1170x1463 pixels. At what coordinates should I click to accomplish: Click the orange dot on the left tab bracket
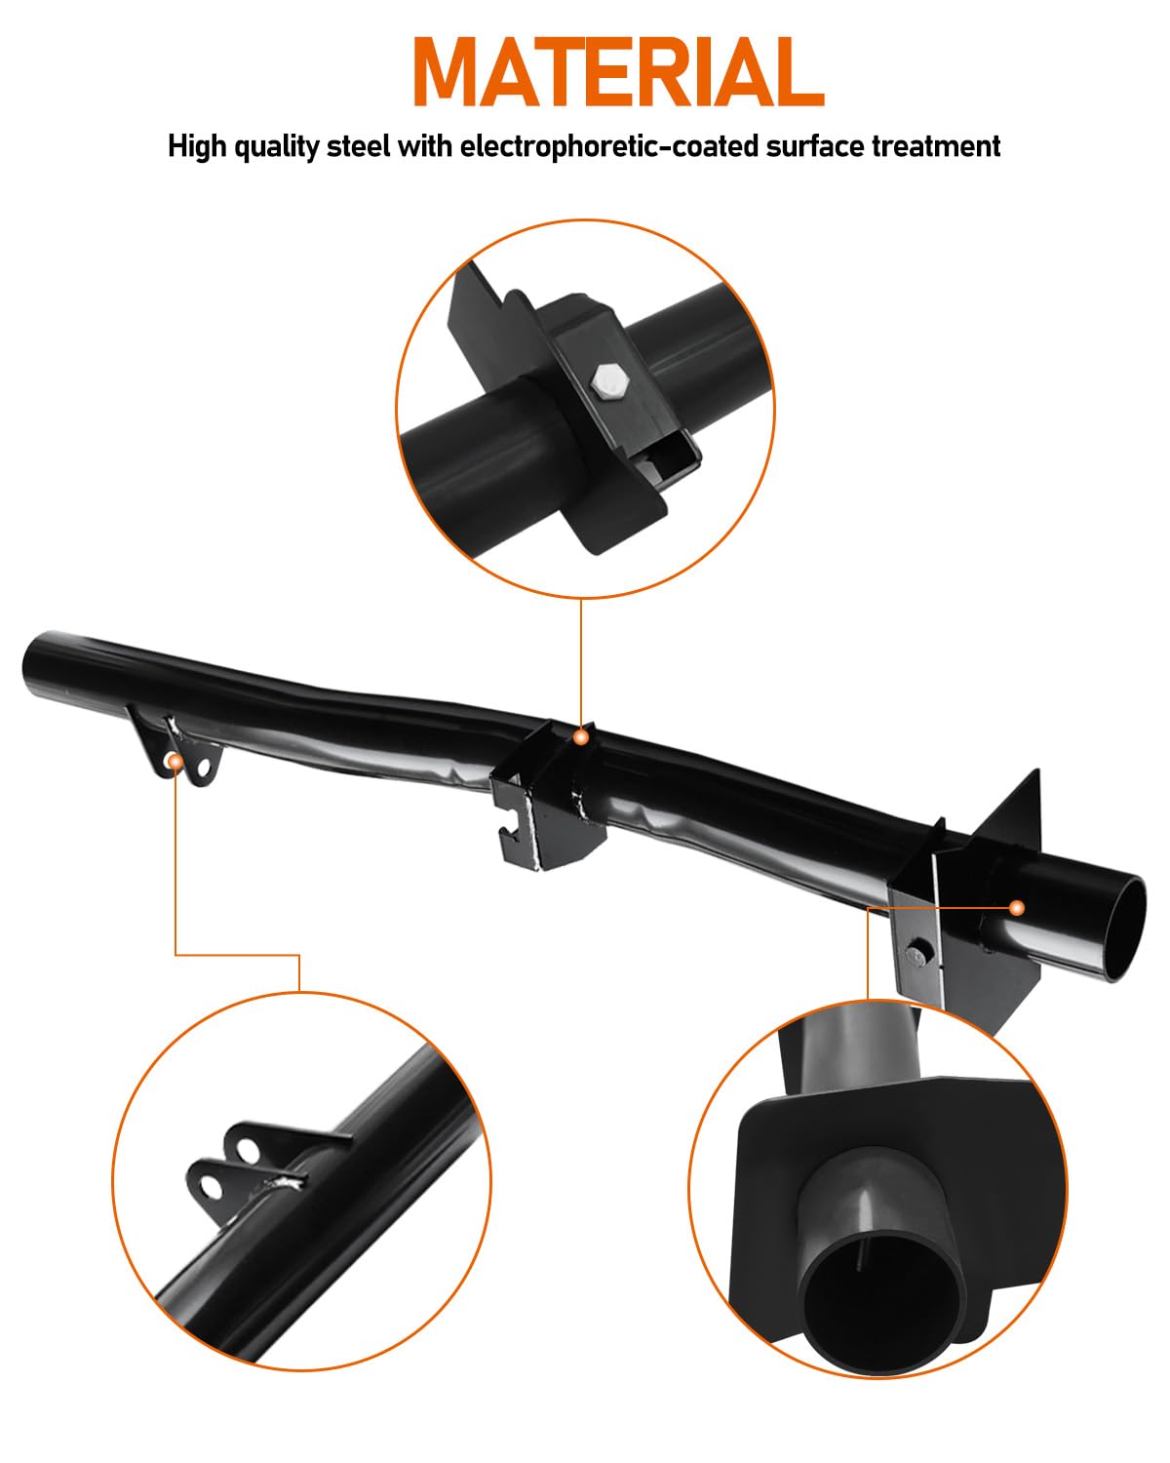click(x=174, y=760)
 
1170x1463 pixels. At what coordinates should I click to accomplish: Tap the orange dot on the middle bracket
click(x=581, y=737)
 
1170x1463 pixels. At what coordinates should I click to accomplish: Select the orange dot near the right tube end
click(x=1017, y=908)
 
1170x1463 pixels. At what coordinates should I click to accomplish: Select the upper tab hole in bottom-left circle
click(x=244, y=1148)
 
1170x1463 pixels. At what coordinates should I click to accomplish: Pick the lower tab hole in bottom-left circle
click(x=208, y=1184)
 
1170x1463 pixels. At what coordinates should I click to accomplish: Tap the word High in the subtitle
click(x=197, y=147)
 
